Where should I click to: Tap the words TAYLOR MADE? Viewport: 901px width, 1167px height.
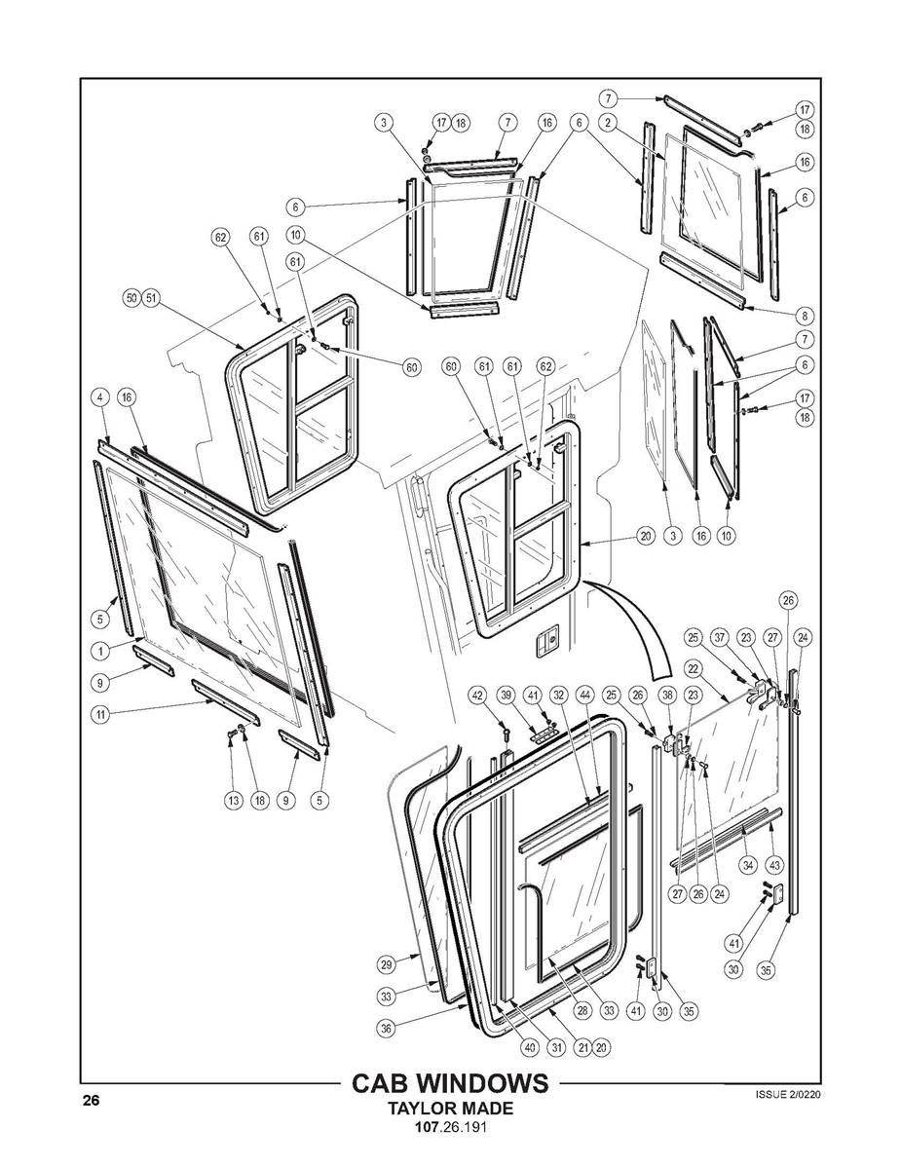(x=449, y=1110)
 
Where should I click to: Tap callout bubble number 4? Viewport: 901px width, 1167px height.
(x=100, y=396)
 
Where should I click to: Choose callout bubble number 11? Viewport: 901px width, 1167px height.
(x=100, y=714)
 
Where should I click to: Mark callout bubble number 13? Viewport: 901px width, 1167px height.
(x=234, y=800)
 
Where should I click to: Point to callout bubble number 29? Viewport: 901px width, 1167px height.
(x=387, y=964)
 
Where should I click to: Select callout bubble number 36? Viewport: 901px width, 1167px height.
(x=387, y=1027)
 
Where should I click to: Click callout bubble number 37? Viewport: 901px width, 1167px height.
(x=720, y=637)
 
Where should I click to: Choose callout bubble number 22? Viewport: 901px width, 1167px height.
(x=694, y=668)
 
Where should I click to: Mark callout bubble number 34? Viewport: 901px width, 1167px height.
(x=748, y=864)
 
